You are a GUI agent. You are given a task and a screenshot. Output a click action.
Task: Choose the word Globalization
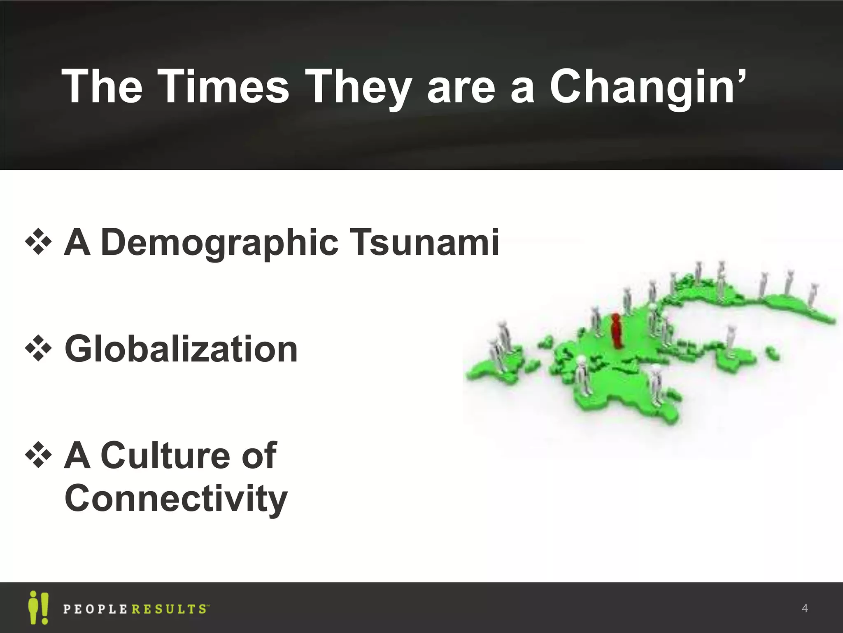[181, 349]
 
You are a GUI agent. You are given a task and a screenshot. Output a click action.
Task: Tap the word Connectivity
[176, 499]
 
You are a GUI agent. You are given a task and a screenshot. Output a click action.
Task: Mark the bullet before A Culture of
[38, 455]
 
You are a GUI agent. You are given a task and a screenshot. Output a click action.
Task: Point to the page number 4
[805, 608]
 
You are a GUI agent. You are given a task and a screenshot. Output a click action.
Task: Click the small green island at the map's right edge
[772, 353]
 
